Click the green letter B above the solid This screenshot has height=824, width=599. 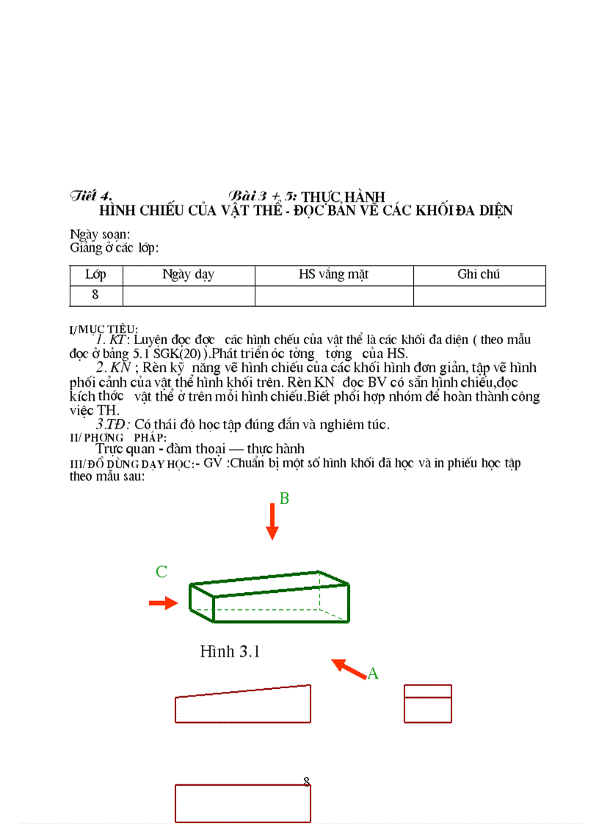click(284, 499)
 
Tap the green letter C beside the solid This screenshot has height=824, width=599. click(161, 572)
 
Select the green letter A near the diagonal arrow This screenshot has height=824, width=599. click(373, 673)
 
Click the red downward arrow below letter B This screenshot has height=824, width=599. click(272, 522)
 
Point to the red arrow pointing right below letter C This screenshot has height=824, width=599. click(164, 603)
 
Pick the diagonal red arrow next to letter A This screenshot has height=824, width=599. click(349, 668)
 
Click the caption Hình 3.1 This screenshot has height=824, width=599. click(230, 652)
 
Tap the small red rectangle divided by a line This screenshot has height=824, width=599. click(428, 704)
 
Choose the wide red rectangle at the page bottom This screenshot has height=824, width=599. click(243, 803)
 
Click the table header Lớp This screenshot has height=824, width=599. click(95, 275)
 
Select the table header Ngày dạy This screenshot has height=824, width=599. click(188, 275)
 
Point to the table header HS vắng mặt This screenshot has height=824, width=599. click(333, 275)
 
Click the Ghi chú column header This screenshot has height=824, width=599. click(479, 275)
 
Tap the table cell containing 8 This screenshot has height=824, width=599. click(95, 295)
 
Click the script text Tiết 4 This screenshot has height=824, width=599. click(91, 196)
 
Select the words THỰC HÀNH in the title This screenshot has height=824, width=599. click(344, 197)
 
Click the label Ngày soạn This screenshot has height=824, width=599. click(100, 234)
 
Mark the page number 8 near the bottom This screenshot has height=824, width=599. click(307, 782)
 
